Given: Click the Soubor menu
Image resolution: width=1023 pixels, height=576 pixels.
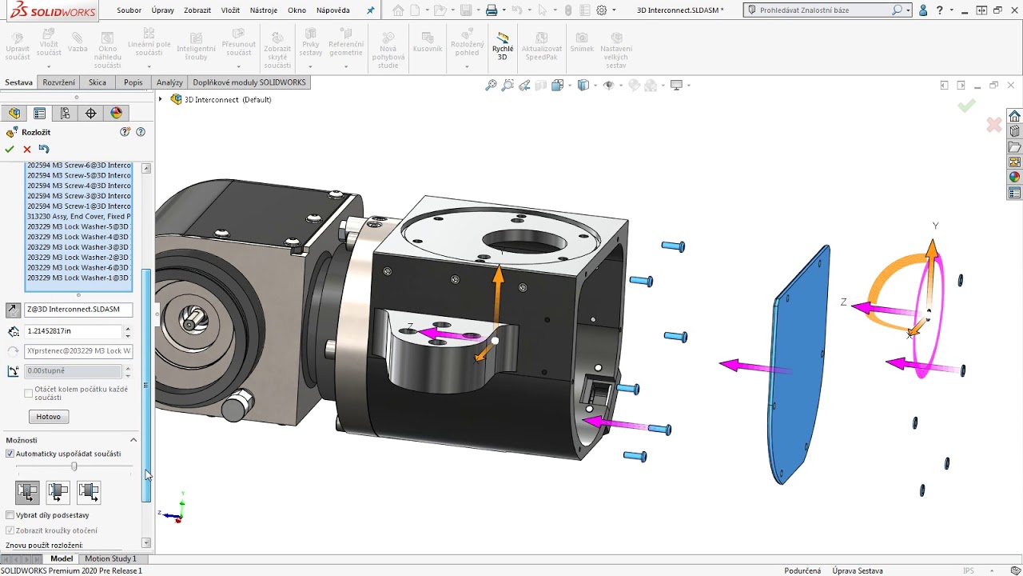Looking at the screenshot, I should (x=128, y=10).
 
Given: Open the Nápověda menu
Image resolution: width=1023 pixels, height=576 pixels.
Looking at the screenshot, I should (x=332, y=10).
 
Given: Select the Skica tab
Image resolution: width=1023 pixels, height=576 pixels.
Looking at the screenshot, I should (x=98, y=82).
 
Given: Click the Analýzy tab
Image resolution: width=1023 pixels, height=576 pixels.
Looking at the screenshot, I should (x=169, y=82).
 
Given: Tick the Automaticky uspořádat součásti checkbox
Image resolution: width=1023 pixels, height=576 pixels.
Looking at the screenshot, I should (x=10, y=454).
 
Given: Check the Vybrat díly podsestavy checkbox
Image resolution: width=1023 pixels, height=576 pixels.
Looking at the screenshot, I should (x=10, y=515).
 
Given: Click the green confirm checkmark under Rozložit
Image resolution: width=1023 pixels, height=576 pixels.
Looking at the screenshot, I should (x=10, y=149).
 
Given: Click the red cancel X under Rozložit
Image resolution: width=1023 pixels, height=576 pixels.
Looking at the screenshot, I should (x=27, y=149).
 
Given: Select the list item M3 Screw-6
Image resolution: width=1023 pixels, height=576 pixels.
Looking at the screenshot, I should (x=78, y=165).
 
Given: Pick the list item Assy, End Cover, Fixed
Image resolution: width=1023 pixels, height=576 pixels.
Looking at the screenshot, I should (x=78, y=217).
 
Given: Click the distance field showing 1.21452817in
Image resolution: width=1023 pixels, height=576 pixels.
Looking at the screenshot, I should (x=74, y=330).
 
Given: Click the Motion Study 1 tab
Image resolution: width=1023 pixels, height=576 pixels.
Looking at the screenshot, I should (x=110, y=558).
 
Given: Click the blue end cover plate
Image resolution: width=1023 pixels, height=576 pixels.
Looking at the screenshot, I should (x=799, y=368).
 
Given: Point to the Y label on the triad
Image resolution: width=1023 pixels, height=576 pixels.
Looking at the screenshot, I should (x=935, y=226).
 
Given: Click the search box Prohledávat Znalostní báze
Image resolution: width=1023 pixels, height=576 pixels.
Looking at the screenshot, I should (x=823, y=10).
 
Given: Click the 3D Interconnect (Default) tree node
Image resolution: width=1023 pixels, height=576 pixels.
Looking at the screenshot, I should (x=228, y=100).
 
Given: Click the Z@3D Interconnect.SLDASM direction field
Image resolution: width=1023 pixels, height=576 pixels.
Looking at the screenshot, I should (x=78, y=310).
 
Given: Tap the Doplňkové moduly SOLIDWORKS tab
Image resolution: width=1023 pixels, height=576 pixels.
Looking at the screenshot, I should (x=249, y=82).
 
